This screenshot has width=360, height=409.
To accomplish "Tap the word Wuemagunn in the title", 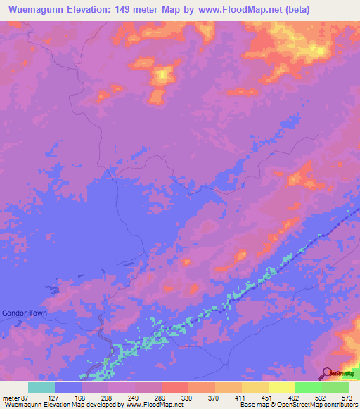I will coord(32,10).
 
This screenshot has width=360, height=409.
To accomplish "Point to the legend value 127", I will coord(54,398).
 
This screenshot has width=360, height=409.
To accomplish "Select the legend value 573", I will coord(348,398).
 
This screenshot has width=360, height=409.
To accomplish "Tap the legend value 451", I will coord(268,398).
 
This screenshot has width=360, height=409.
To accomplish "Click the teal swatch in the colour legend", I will coord(41,387).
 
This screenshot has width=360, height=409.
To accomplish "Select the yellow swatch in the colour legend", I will coord(281,387).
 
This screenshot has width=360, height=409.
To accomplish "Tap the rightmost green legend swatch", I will coord(335,387).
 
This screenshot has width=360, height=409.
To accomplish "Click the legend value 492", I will coord(295,398).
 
